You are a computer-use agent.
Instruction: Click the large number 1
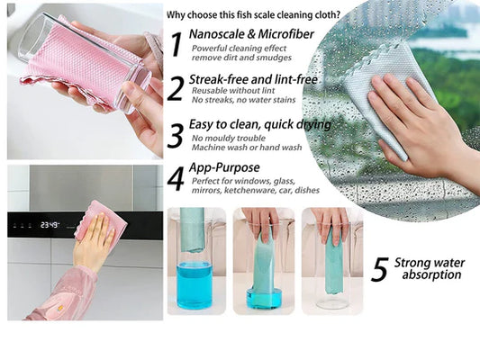pyautogui.click(x=176, y=43)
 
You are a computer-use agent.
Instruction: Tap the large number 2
pyautogui.click(x=176, y=88)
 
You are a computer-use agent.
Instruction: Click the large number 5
pyautogui.click(x=380, y=269)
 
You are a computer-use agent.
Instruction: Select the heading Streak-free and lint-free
pyautogui.click(x=254, y=80)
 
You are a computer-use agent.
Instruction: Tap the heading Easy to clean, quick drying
pyautogui.click(x=261, y=124)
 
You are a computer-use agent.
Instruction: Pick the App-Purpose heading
pyautogui.click(x=225, y=167)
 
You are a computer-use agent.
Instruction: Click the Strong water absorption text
pyautogui.click(x=430, y=268)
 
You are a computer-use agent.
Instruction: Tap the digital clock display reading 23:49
pyautogui.click(x=50, y=225)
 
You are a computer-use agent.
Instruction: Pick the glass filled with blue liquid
pyautogui.click(x=195, y=283)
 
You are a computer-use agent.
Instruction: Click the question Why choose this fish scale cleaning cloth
pyautogui.click(x=254, y=14)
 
